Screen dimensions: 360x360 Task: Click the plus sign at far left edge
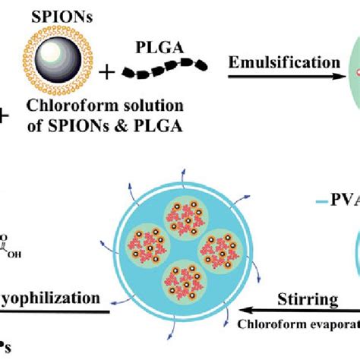pyautogui.click(x=4, y=115)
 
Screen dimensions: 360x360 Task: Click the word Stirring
pyautogui.click(x=308, y=299)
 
